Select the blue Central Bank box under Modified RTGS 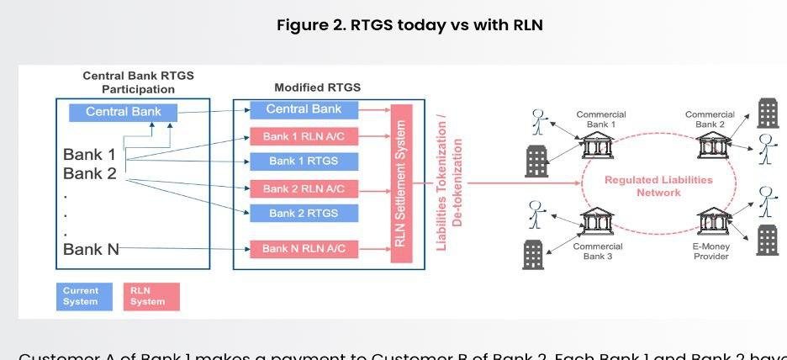coord(304,109)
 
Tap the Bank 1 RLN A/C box coord(304,136)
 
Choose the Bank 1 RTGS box coord(304,161)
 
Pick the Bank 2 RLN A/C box coord(304,188)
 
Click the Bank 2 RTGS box coord(304,213)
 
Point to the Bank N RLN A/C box coord(304,249)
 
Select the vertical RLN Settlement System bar coord(401,183)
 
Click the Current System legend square coord(81,296)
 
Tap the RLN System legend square coord(151,296)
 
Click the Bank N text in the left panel coord(91,249)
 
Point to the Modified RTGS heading coord(317,87)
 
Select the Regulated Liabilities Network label coord(658,186)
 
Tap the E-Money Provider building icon coord(710,222)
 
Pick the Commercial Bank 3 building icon coord(597,222)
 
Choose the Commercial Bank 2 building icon coord(710,146)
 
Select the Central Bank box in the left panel coord(123,112)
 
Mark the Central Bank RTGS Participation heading coord(138,82)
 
